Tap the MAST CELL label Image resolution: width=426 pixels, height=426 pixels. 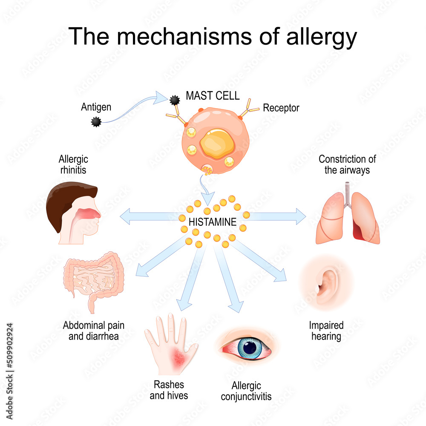tap(213, 95)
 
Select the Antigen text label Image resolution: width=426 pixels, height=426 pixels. tap(96, 107)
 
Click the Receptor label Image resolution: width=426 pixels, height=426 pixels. tap(281, 108)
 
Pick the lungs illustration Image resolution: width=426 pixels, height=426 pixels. tap(347, 217)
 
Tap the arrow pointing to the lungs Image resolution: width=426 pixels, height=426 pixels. tap(277, 216)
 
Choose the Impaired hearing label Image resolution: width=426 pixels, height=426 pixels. tap(326, 331)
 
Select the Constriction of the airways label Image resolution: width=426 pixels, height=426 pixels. tap(347, 164)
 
